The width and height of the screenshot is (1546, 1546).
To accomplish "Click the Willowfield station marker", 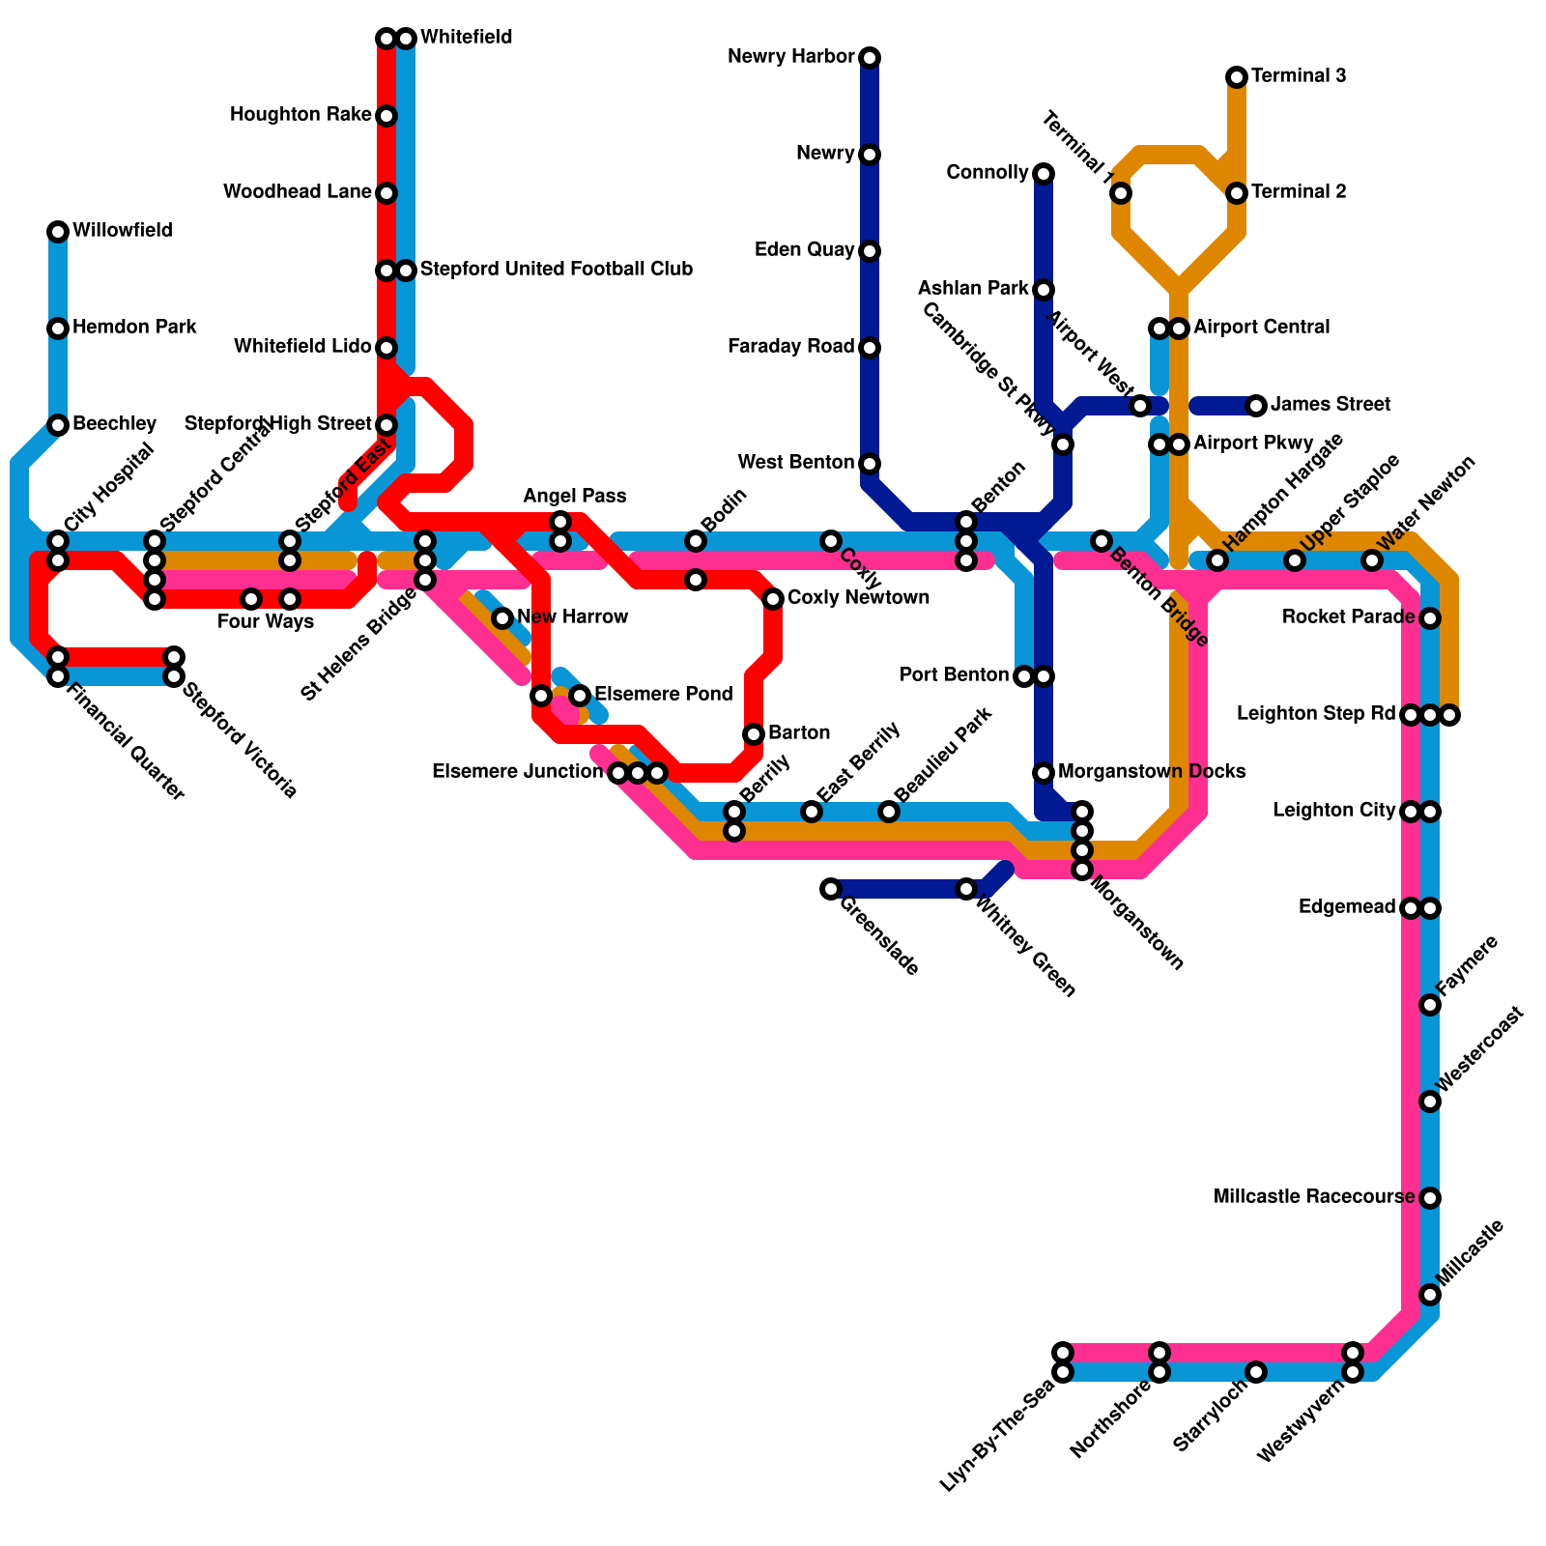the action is tap(58, 232).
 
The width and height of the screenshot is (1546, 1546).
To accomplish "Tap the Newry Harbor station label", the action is tap(791, 57).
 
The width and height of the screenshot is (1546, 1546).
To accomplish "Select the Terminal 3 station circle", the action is tap(1237, 77).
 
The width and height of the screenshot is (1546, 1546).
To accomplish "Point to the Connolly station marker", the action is tap(1044, 174).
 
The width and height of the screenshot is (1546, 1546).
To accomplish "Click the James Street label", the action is tap(1330, 405).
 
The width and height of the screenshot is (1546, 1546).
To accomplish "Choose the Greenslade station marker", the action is tap(831, 889).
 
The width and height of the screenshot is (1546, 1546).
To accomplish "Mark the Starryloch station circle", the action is tap(1256, 1371).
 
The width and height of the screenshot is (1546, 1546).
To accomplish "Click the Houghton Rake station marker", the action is tap(386, 116).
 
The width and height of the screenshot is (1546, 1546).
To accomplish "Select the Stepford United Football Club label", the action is tap(556, 270).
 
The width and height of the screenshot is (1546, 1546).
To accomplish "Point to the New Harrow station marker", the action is tap(502, 618).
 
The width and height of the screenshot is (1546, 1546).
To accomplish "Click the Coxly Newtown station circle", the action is tap(773, 599).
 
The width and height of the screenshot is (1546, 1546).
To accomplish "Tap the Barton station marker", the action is tap(754, 734).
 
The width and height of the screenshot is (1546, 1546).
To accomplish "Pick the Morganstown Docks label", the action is tap(1151, 772).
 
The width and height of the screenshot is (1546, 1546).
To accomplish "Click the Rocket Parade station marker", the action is tap(1430, 618).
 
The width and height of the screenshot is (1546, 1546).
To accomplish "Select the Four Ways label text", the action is tap(266, 622).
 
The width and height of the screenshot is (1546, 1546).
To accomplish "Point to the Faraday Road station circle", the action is tap(870, 348).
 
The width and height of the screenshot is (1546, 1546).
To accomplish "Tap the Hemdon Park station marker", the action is tap(58, 329).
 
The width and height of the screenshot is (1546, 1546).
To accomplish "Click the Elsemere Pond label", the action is tap(663, 695).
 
